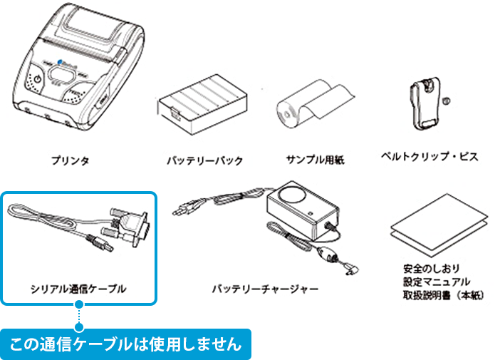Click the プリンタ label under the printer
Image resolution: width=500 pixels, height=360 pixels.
point(69,160)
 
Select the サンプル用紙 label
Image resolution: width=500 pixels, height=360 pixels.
point(315,160)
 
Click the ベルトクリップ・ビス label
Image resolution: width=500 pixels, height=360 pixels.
point(429,155)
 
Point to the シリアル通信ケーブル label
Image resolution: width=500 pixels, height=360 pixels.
point(78,289)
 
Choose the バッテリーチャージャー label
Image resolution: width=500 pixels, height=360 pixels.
point(265,289)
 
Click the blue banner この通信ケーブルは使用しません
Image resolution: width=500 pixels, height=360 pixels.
point(125,345)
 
